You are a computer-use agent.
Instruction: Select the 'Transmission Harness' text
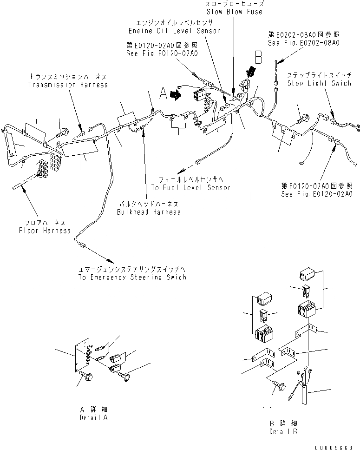pos(68,85)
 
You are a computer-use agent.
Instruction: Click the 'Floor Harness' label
pos(45,231)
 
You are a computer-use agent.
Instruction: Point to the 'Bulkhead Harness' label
pos(149,212)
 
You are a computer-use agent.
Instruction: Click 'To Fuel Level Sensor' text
pos(190,188)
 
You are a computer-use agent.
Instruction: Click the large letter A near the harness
pos(163,94)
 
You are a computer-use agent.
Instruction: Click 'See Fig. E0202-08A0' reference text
pos(303,42)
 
